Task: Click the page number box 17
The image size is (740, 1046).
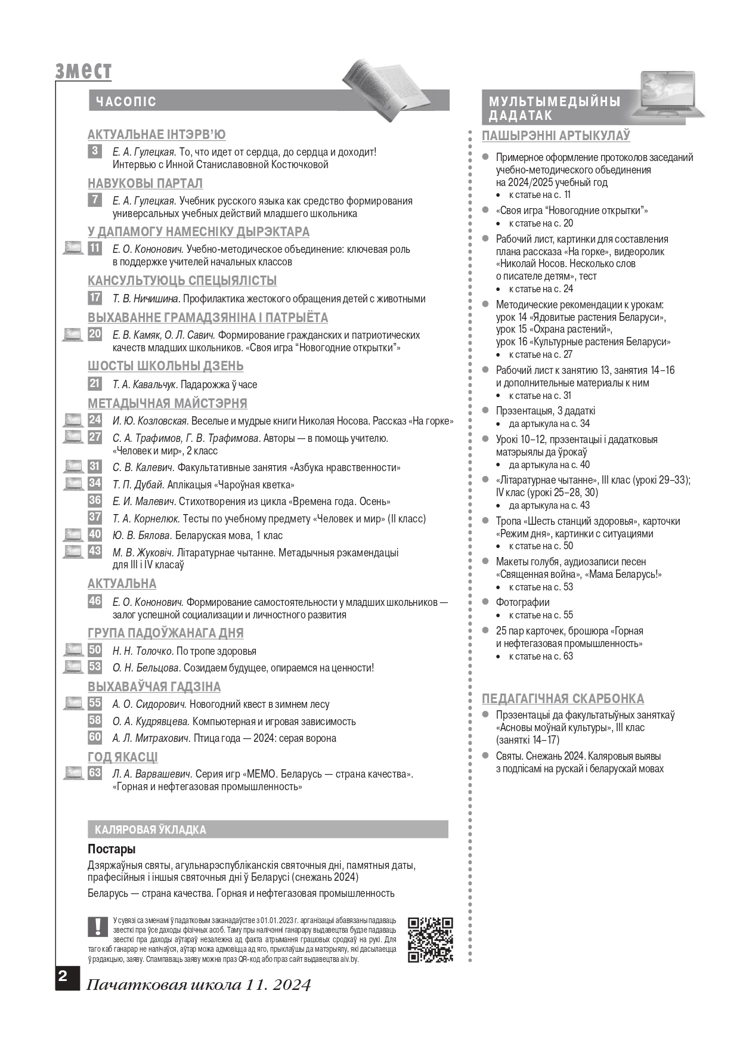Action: point(95,298)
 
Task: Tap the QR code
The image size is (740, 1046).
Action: point(430,940)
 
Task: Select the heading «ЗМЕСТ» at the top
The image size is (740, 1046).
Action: point(83,71)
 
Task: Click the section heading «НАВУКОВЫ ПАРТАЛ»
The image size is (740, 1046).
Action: point(145,183)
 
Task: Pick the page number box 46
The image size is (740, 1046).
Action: point(95,601)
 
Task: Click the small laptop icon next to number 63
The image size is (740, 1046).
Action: point(73,773)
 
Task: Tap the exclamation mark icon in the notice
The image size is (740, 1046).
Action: point(96,926)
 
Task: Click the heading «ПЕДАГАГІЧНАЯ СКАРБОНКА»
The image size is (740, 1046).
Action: point(562,698)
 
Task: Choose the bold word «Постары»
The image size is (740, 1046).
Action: point(112,849)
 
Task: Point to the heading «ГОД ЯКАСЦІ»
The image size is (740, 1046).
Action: point(122,757)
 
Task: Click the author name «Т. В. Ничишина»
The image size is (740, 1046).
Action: point(146,299)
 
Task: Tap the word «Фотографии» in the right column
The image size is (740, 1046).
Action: point(522,602)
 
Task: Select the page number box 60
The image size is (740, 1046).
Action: point(95,737)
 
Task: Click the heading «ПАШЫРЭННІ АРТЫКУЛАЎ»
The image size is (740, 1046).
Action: point(556,136)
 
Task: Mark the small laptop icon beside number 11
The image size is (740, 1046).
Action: point(73,248)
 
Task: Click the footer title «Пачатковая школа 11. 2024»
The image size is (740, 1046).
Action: point(199,985)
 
